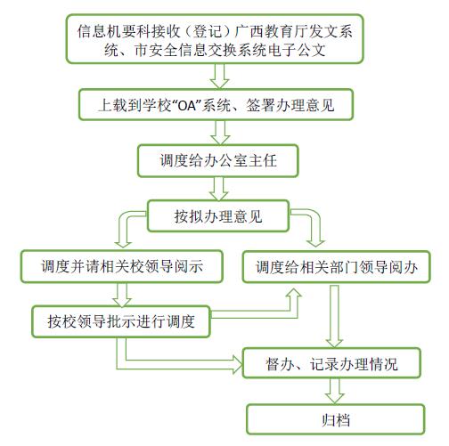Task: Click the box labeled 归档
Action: [x=336, y=419]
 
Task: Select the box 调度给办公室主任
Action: [x=218, y=161]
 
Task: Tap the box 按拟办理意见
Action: [x=218, y=215]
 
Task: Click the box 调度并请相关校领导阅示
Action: [x=122, y=266]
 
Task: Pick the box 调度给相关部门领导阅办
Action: [x=337, y=266]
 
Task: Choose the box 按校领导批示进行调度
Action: [x=121, y=321]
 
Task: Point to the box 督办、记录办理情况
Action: [x=331, y=363]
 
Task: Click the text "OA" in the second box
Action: [x=187, y=105]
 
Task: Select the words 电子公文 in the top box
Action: [x=296, y=50]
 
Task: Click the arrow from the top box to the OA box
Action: [x=219, y=76]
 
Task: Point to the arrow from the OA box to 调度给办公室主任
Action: [x=220, y=133]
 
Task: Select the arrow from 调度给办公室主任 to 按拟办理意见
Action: [x=219, y=189]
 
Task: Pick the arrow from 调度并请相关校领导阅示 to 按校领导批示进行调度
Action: [x=122, y=295]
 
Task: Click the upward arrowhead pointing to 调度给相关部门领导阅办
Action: [x=294, y=294]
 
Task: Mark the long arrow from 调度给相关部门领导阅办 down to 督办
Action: [x=335, y=316]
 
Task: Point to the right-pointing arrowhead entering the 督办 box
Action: [x=237, y=364]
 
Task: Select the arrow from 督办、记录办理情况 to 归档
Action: [x=335, y=391]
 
